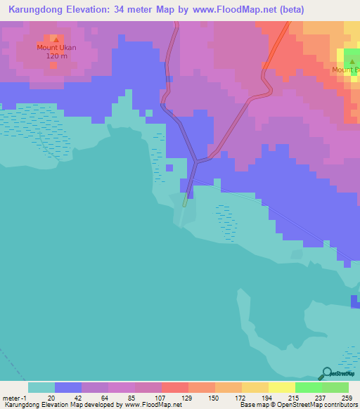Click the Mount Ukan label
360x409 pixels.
coord(56,48)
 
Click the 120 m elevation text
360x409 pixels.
coord(56,56)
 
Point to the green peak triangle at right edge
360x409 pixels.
coord(352,62)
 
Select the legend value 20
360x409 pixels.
coord(51,398)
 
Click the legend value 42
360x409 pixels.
coord(78,398)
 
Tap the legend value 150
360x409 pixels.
coord(212,398)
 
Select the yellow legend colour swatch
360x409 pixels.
coord(281,387)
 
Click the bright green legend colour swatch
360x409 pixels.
coord(308,387)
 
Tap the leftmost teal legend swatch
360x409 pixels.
coord(41,387)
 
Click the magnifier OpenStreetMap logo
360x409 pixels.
coord(327,375)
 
